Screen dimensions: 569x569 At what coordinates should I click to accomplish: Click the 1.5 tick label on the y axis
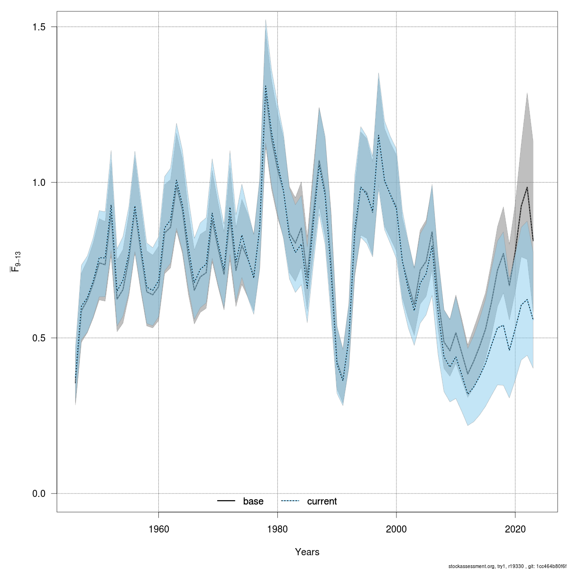[39, 27]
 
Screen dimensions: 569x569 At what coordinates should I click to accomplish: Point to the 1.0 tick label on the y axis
[39, 183]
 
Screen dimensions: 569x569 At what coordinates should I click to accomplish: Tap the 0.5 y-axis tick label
[39, 338]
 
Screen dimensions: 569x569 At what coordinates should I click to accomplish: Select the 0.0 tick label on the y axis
[39, 494]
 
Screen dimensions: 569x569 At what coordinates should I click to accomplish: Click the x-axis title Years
[307, 552]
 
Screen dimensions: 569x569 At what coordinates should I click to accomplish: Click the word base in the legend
[253, 501]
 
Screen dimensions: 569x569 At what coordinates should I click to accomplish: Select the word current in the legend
[322, 501]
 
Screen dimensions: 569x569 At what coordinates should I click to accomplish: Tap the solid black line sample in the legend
[226, 501]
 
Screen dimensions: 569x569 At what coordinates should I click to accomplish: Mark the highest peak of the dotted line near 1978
[266, 87]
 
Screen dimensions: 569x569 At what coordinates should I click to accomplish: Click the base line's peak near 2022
[527, 187]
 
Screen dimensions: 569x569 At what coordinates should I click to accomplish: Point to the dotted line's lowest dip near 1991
[343, 380]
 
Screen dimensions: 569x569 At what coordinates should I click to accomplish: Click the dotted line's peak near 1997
[378, 136]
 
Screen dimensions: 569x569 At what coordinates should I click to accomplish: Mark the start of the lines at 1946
[75, 382]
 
